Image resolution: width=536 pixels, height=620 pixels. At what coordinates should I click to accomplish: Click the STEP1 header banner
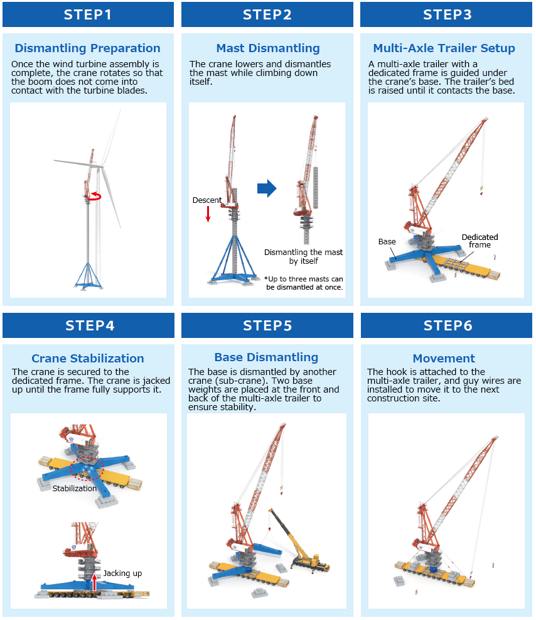(x=88, y=14)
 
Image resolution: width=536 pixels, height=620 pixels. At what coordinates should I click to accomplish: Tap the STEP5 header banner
(x=267, y=325)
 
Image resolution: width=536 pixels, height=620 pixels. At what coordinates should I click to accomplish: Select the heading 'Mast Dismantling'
(x=268, y=48)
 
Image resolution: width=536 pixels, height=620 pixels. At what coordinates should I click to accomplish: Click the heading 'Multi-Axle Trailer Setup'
(x=444, y=48)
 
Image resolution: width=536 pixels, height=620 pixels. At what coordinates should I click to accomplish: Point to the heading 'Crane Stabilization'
(x=88, y=358)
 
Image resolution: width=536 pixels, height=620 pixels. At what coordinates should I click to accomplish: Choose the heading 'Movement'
(x=444, y=358)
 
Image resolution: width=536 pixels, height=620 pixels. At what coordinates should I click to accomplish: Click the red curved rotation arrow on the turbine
(x=95, y=197)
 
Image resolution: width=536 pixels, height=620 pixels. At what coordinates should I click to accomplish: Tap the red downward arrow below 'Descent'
(x=208, y=214)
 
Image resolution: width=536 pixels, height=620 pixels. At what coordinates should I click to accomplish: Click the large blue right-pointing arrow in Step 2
(x=267, y=188)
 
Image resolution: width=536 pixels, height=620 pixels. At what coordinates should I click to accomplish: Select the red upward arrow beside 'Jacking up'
(x=94, y=582)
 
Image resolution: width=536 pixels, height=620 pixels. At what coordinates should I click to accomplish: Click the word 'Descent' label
(x=207, y=200)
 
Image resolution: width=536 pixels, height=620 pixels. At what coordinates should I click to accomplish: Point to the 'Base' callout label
(x=387, y=242)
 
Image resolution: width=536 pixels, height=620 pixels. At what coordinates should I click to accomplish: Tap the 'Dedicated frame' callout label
(x=480, y=241)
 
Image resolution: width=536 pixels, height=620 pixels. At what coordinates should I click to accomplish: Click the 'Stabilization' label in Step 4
(x=74, y=488)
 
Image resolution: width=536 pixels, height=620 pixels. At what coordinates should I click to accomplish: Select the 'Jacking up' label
(x=122, y=574)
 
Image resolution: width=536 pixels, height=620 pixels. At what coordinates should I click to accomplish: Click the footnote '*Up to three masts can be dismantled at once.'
(x=304, y=283)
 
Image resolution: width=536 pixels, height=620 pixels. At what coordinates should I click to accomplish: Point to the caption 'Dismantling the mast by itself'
(x=303, y=257)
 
